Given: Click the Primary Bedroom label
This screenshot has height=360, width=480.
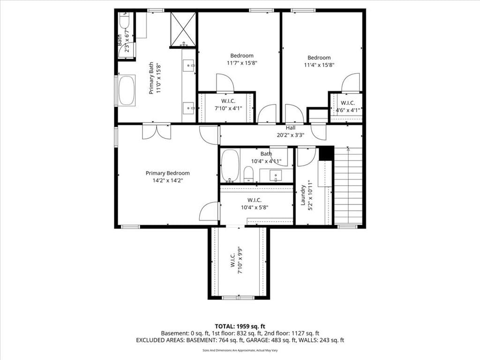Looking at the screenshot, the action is pyautogui.click(x=167, y=173).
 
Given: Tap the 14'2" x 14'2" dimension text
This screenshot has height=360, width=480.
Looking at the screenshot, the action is pyautogui.click(x=167, y=180).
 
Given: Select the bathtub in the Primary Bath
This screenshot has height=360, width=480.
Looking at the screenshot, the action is pyautogui.click(x=127, y=90).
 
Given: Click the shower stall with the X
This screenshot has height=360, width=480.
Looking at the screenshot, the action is pyautogui.click(x=183, y=30).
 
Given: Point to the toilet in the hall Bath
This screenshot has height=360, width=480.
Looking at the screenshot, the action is pyautogui.click(x=248, y=174).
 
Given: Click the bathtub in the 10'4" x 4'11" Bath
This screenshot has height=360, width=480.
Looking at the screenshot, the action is pyautogui.click(x=230, y=165).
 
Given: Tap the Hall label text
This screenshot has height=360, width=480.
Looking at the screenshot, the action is pyautogui.click(x=291, y=127).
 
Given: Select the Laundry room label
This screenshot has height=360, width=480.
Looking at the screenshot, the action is pyautogui.click(x=303, y=195).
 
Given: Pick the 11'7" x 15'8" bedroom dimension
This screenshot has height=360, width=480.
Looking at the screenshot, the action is pyautogui.click(x=242, y=63).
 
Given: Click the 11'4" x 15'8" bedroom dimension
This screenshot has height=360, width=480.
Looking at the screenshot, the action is pyautogui.click(x=319, y=65).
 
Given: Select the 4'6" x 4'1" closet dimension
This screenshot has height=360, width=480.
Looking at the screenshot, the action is pyautogui.click(x=348, y=110).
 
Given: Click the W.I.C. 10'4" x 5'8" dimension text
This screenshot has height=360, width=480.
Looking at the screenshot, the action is pyautogui.click(x=255, y=208).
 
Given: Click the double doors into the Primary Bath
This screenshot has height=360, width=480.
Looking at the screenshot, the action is pyautogui.click(x=157, y=132).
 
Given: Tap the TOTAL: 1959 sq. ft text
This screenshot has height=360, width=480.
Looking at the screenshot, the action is pyautogui.click(x=240, y=326).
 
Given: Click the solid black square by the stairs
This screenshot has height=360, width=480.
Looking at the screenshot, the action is pyautogui.click(x=326, y=153).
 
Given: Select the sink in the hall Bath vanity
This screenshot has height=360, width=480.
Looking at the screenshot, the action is pyautogui.click(x=276, y=176).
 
